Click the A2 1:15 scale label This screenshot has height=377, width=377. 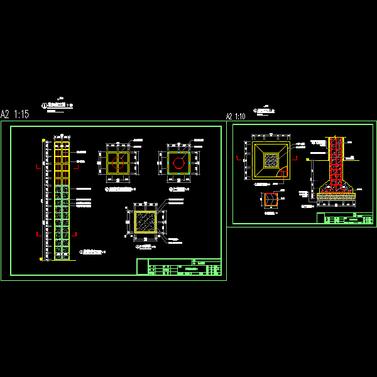tap(15, 114)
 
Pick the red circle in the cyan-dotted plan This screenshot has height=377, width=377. tap(179, 164)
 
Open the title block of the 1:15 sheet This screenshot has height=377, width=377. tap(178, 267)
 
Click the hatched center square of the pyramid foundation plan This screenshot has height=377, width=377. tap(271, 160)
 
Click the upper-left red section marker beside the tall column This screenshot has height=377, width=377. tap(40, 167)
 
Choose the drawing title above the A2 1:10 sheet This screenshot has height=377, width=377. tap(265, 111)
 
